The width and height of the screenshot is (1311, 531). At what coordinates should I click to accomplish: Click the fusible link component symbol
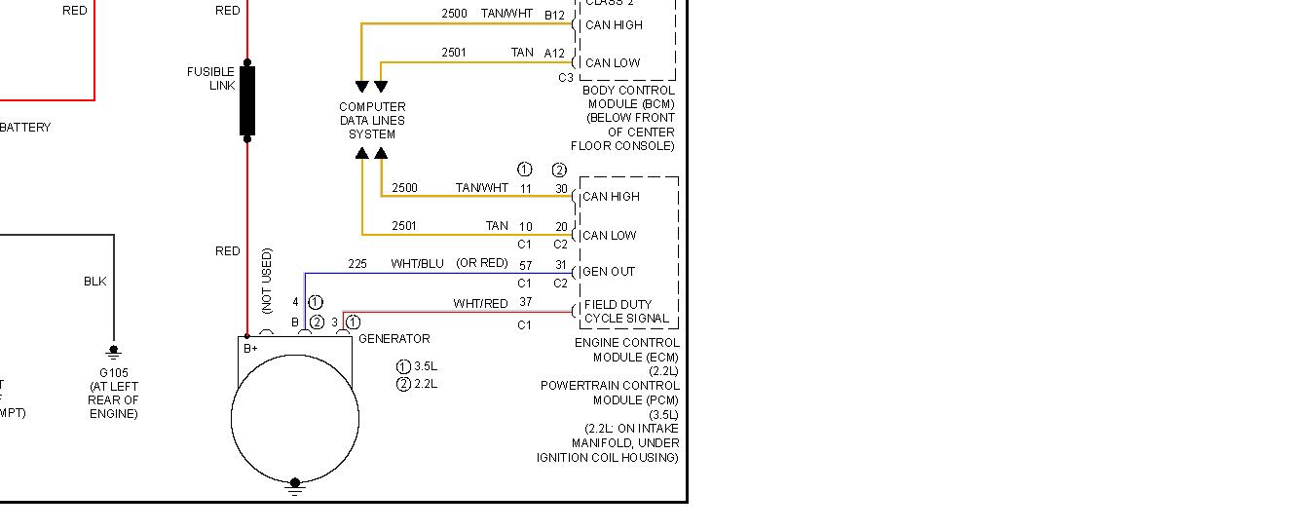(247, 100)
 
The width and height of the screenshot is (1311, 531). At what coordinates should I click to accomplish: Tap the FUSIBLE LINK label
(210, 78)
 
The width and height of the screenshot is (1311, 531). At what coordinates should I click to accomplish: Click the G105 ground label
(113, 372)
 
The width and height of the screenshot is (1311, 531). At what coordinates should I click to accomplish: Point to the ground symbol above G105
(113, 352)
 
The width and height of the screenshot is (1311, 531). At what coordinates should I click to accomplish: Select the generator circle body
(295, 419)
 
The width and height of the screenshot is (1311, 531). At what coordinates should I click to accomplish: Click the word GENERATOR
(393, 339)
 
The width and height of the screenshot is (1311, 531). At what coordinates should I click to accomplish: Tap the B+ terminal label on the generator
(250, 348)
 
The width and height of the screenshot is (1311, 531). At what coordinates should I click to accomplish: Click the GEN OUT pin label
(610, 272)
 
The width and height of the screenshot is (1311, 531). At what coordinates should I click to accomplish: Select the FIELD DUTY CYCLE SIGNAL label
(626, 312)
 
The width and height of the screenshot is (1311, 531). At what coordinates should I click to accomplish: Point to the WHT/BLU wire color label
(417, 264)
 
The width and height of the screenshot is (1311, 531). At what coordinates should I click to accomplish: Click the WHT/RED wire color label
(480, 304)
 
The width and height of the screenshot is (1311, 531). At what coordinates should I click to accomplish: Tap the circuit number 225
(357, 264)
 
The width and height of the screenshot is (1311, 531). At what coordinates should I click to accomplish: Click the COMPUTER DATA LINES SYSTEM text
(372, 121)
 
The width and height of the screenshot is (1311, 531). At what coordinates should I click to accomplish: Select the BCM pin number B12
(554, 15)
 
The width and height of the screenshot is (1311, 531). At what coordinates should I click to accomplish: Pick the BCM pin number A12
(554, 53)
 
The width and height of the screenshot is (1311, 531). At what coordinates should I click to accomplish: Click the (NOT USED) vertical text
(267, 281)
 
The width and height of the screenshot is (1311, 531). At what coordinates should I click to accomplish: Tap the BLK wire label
(94, 282)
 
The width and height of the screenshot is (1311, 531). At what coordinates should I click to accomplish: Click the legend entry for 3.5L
(417, 366)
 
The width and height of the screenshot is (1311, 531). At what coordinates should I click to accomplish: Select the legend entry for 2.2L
(417, 384)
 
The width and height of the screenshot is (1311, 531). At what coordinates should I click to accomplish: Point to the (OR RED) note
(482, 263)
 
